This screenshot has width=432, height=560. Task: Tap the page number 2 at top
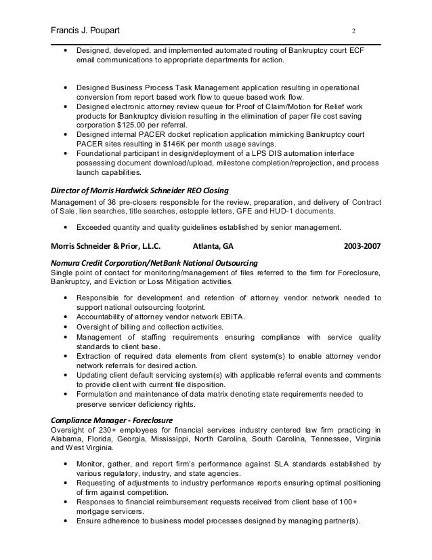(353, 31)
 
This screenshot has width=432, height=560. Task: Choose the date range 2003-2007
(363, 245)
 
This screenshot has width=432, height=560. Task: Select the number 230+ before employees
(112, 428)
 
